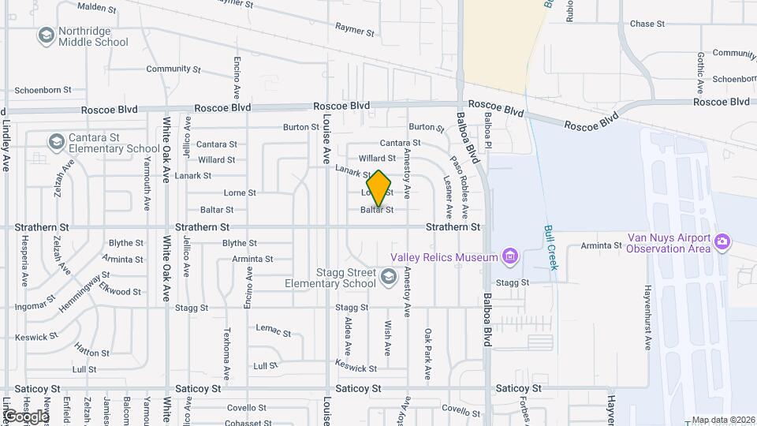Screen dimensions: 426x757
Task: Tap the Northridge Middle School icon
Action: coord(46,35)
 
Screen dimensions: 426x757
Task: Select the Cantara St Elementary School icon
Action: coord(55,142)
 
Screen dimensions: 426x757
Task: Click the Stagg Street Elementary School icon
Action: coord(388,277)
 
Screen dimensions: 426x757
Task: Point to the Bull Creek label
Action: coord(550,248)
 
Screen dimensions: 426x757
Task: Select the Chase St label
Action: coord(647,24)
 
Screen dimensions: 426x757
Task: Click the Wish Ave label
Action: coord(387,337)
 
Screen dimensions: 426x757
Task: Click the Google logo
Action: coord(25,417)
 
